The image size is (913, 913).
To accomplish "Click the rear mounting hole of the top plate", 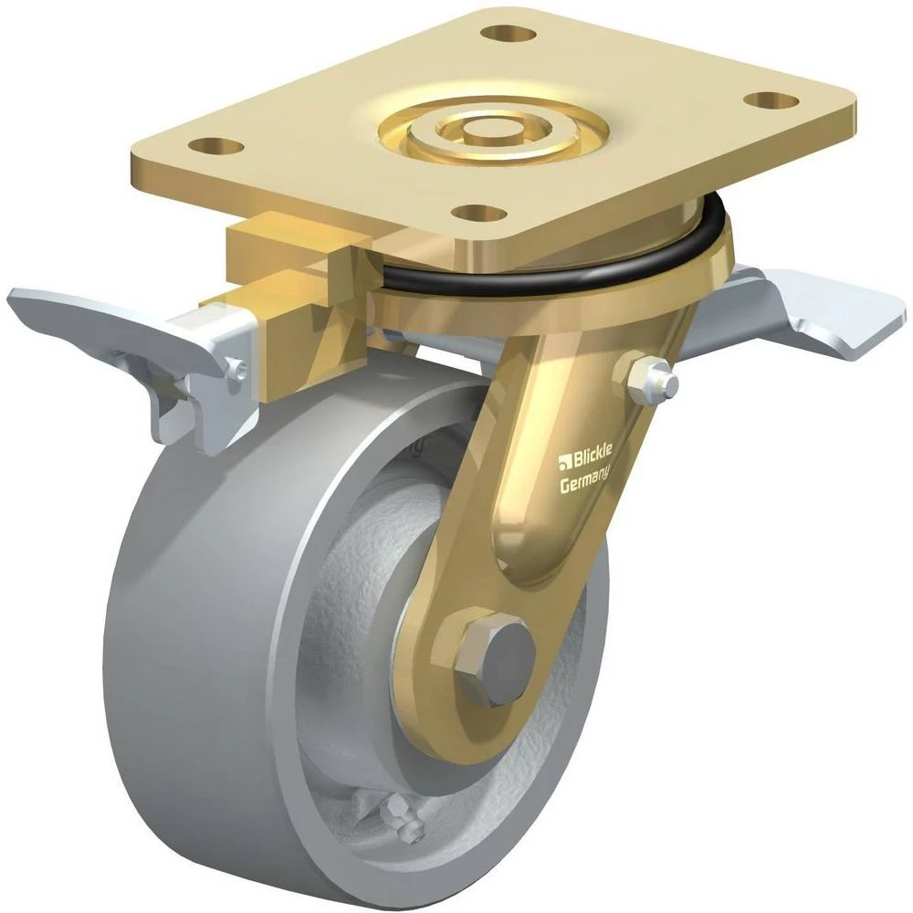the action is coord(510,34).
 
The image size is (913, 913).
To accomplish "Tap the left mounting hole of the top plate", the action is coord(216,145).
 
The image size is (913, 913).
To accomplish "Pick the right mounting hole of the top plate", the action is coord(771,100).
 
